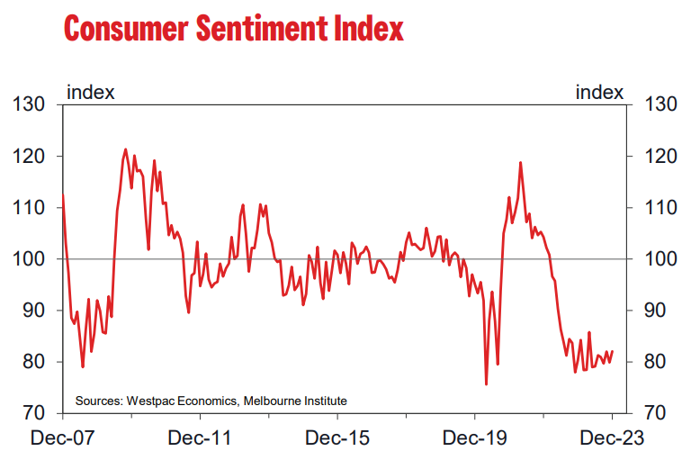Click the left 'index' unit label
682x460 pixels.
tap(90, 92)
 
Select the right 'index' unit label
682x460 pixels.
tap(599, 92)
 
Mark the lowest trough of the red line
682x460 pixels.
tap(486, 384)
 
